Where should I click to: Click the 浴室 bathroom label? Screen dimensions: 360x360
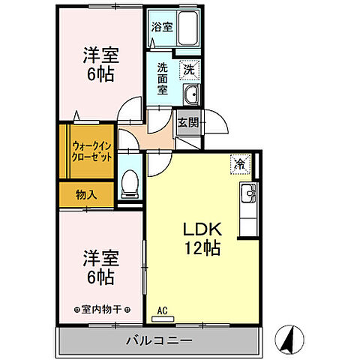pos(161,26)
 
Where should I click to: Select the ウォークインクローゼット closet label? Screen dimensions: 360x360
pos(93,151)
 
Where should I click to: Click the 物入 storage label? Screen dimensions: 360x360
pos(86,194)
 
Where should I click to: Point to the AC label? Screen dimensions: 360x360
pos(161,308)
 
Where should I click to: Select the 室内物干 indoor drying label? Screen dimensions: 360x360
pos(103,308)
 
